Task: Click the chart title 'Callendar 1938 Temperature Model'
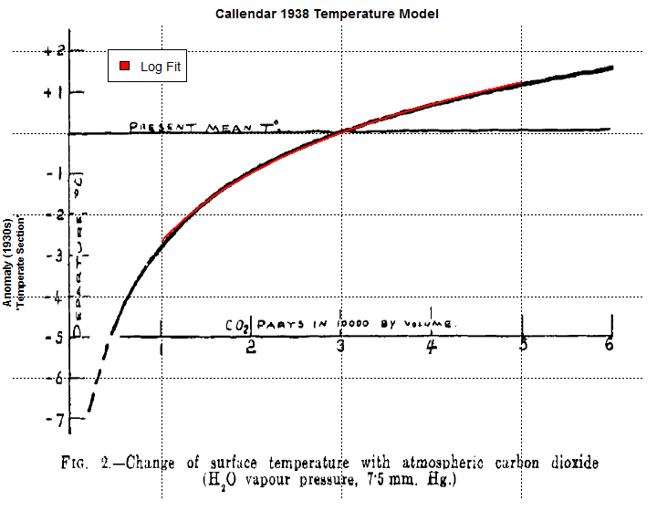tap(328, 14)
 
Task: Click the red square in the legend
tap(125, 67)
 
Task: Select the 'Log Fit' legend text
tap(162, 68)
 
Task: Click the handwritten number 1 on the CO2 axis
tap(162, 348)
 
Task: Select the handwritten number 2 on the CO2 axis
tap(250, 348)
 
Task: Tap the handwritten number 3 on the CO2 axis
tap(341, 347)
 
